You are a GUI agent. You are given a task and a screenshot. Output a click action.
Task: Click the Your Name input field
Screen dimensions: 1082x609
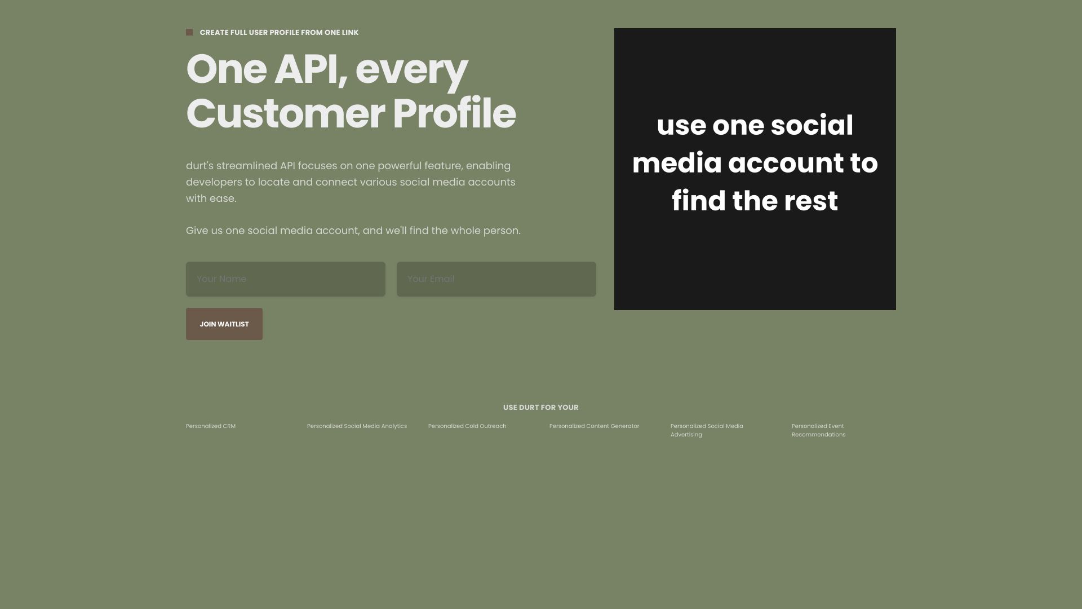tap(286, 279)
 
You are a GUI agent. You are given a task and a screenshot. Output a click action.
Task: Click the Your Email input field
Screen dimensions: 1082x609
tap(496, 279)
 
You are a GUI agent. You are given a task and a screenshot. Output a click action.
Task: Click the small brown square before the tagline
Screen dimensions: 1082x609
tap(189, 32)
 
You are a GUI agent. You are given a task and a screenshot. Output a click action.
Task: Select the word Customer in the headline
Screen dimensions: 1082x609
tap(286, 113)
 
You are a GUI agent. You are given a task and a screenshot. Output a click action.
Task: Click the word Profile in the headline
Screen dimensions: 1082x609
tap(454, 113)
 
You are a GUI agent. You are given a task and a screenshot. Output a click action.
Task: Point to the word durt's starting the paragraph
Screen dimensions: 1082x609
tap(199, 166)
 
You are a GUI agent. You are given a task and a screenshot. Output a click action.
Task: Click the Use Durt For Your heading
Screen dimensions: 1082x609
tap(541, 407)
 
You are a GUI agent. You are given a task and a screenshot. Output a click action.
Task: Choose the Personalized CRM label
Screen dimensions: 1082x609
tap(211, 426)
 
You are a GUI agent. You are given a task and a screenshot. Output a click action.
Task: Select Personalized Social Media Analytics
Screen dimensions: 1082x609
tap(357, 426)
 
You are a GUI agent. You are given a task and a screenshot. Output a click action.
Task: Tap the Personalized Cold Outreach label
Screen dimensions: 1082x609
tap(467, 426)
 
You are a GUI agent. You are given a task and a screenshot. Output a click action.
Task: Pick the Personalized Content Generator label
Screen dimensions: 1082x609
tap(595, 426)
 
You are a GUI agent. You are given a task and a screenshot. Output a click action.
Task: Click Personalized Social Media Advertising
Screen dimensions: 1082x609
tap(707, 430)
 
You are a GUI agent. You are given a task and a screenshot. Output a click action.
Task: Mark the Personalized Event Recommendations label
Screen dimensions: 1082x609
tap(818, 430)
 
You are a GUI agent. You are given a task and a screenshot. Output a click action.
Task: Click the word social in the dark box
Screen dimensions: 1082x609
tap(812, 125)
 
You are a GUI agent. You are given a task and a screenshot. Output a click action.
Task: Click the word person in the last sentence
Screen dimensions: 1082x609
tap(502, 231)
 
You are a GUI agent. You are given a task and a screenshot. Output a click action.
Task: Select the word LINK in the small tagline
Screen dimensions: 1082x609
tap(349, 33)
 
